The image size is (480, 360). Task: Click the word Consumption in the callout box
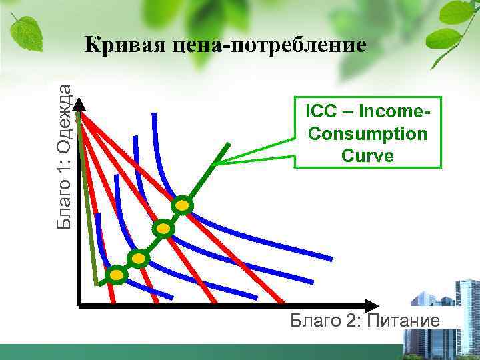coord(368,133)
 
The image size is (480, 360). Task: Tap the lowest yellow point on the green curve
coord(117,275)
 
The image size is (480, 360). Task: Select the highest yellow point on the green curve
coord(182,206)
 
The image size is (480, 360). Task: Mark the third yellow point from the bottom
coord(163,229)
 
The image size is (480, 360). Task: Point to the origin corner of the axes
coord(79,306)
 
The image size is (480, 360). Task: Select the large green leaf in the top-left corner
coord(25,30)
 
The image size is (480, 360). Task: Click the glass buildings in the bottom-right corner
coord(443,327)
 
